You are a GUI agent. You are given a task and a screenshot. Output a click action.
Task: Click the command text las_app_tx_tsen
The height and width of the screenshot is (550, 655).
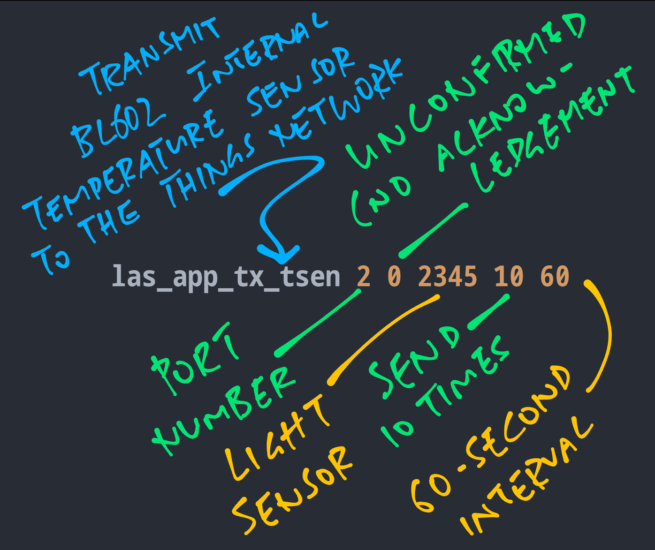coord(226,277)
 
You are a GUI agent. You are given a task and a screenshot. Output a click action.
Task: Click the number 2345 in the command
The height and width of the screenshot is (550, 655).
coord(447,277)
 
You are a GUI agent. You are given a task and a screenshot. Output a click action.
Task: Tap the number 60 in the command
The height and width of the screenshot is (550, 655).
coord(555,277)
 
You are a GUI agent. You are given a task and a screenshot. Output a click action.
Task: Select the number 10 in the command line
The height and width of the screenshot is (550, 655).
coord(509,277)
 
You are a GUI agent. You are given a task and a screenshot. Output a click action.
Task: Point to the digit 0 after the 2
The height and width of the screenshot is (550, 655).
coord(395,277)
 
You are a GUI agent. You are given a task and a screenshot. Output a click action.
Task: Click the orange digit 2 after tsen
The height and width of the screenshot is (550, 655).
coord(364,277)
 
